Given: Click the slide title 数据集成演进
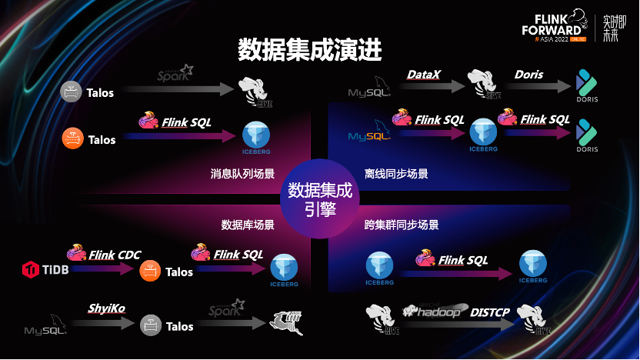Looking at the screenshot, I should pos(310,50).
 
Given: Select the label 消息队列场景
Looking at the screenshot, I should pos(242,174).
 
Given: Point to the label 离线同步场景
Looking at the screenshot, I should pos(396,174).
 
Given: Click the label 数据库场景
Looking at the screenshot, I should pos(248,225).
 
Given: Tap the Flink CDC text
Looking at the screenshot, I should pos(115,255).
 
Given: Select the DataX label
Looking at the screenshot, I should pos(424,75).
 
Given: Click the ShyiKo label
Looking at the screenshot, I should pos(106,308).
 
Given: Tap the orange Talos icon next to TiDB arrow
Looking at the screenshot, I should pos(150,271).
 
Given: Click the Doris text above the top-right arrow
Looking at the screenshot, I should pos(528,75).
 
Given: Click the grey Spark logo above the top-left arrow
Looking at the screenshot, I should pos(175,74).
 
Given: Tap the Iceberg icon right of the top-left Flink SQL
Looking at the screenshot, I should pos(255,135).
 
